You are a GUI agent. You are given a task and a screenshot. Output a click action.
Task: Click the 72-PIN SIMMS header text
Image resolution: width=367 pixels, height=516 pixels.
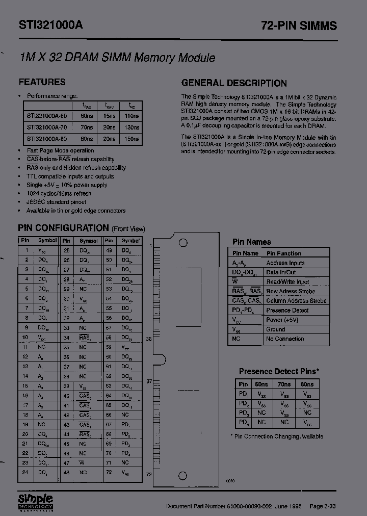(299, 26)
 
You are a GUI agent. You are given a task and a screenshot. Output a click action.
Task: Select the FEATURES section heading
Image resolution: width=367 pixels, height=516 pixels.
(42, 82)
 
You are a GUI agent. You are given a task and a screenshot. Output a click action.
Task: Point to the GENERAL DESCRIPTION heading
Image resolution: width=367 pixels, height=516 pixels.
(234, 83)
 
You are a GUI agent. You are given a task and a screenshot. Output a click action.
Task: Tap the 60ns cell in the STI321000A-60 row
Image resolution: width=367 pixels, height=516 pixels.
(87, 116)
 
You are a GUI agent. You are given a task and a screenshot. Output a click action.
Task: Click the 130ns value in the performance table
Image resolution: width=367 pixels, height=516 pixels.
(132, 127)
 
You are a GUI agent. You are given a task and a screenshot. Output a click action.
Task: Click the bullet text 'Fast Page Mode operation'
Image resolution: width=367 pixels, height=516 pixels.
(60, 150)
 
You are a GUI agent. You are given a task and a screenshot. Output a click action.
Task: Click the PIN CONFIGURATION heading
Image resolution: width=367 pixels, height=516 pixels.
(64, 228)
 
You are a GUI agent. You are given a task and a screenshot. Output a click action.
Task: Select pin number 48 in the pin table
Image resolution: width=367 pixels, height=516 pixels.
(66, 473)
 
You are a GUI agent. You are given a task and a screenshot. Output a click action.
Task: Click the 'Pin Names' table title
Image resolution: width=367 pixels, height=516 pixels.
(252, 242)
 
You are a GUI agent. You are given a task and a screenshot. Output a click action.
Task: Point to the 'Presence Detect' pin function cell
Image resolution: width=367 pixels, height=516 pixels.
(287, 310)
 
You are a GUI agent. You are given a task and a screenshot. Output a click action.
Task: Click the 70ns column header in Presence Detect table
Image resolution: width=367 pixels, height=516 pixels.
(284, 384)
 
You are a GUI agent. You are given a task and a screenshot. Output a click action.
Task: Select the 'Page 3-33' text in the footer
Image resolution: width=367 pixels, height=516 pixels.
(323, 506)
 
